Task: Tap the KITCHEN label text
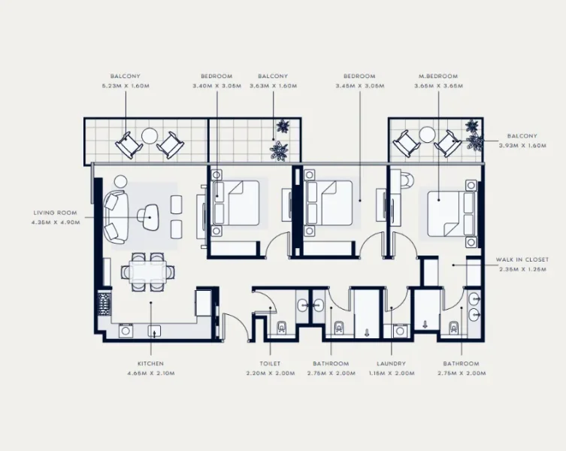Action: [x=150, y=363]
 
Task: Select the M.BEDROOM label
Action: [x=438, y=76]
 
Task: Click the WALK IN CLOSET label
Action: [x=522, y=259]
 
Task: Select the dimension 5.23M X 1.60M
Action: [x=125, y=86]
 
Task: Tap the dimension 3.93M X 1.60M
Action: [x=521, y=146]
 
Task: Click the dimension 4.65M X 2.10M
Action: [x=150, y=373]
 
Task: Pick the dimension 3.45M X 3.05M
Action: [x=360, y=86]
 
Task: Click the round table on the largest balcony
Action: [x=150, y=137]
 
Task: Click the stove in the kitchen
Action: [x=103, y=304]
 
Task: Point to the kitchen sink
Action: [x=156, y=329]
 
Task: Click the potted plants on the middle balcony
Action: [x=281, y=140]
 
